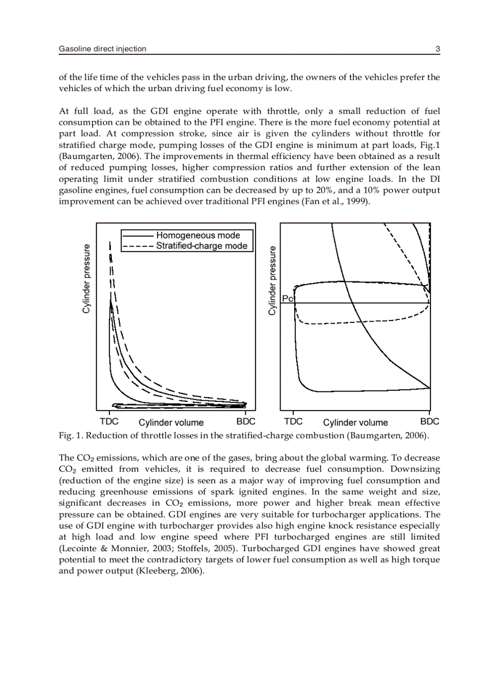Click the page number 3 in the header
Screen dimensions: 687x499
pos(437,48)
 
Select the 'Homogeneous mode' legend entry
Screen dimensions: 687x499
pos(198,236)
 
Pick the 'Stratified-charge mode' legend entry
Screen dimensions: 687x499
pos(202,246)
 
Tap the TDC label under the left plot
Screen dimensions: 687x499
pos(109,421)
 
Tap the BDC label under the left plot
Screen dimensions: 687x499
pos(246,421)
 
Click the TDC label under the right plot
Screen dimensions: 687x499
pos(293,421)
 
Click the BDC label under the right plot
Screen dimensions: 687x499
pos(429,421)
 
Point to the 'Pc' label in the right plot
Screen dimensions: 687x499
pos(288,299)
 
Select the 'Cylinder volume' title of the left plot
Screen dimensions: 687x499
pos(171,422)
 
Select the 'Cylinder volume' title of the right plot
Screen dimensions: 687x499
pos(355,422)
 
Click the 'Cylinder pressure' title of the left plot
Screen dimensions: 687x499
pos(87,279)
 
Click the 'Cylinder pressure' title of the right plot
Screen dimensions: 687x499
pos(273,280)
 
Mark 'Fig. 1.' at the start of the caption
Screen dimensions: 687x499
pos(70,436)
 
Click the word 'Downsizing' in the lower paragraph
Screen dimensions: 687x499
pos(418,469)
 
